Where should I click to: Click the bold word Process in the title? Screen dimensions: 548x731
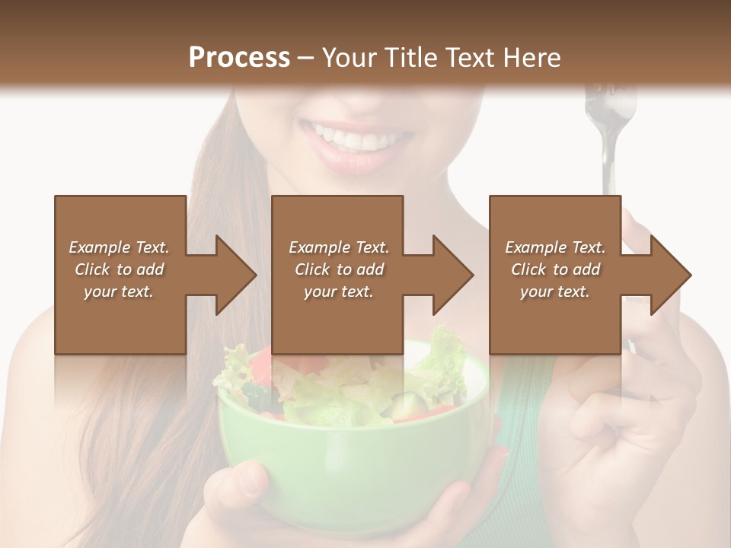click(x=239, y=58)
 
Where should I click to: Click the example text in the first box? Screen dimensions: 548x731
click(x=119, y=269)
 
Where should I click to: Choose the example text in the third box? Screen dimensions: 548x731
click(x=555, y=269)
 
